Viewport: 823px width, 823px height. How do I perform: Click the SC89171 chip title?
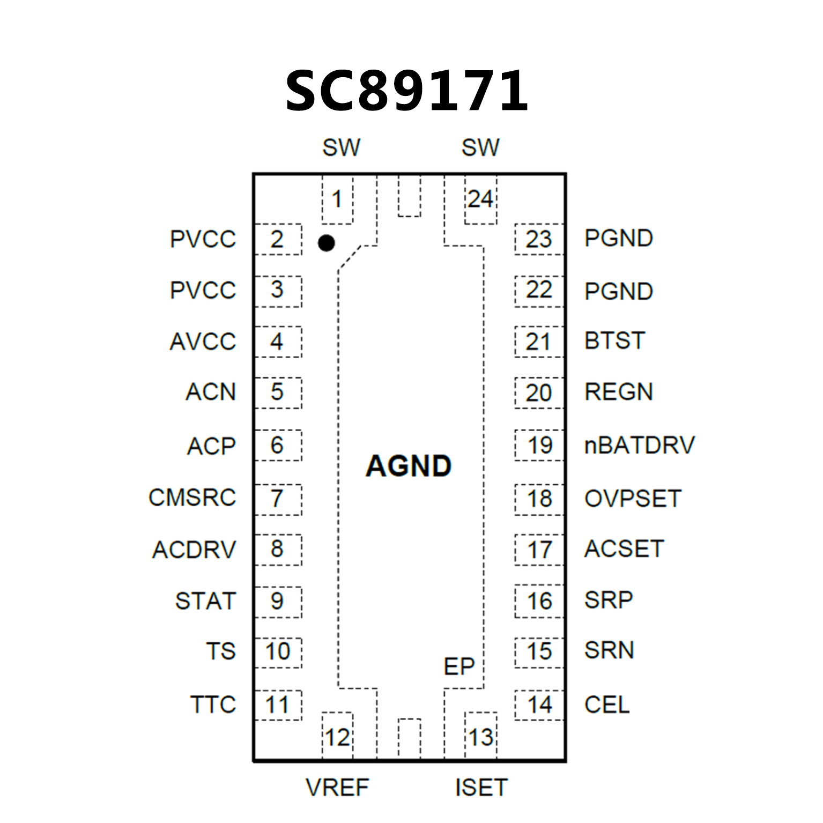point(407,91)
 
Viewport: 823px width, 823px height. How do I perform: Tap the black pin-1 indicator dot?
point(326,243)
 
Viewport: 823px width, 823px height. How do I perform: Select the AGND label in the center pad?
point(409,465)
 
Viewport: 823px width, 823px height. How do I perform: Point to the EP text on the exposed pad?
point(459,666)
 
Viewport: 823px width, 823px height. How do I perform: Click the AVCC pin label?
point(203,342)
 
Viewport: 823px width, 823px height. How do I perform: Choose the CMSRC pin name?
point(192,498)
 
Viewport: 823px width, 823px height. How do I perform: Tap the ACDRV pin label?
point(194,550)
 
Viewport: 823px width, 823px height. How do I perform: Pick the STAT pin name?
point(205,600)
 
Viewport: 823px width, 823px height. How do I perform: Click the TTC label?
point(213,705)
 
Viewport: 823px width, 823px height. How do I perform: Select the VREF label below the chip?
point(337,788)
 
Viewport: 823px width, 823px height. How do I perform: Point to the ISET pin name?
point(481,788)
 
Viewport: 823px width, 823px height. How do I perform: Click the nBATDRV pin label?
point(639,445)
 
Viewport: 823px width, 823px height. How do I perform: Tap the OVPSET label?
point(633,499)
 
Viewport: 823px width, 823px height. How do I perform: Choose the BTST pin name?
point(614,341)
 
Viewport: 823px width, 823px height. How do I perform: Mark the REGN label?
point(619,392)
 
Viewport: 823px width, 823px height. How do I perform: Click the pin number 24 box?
point(480,199)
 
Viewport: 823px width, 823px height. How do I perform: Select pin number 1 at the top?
point(337,199)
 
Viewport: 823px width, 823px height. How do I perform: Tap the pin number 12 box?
point(337,737)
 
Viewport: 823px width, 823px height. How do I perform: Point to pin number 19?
point(539,445)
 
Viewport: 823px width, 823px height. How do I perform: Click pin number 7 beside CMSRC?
point(277,499)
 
